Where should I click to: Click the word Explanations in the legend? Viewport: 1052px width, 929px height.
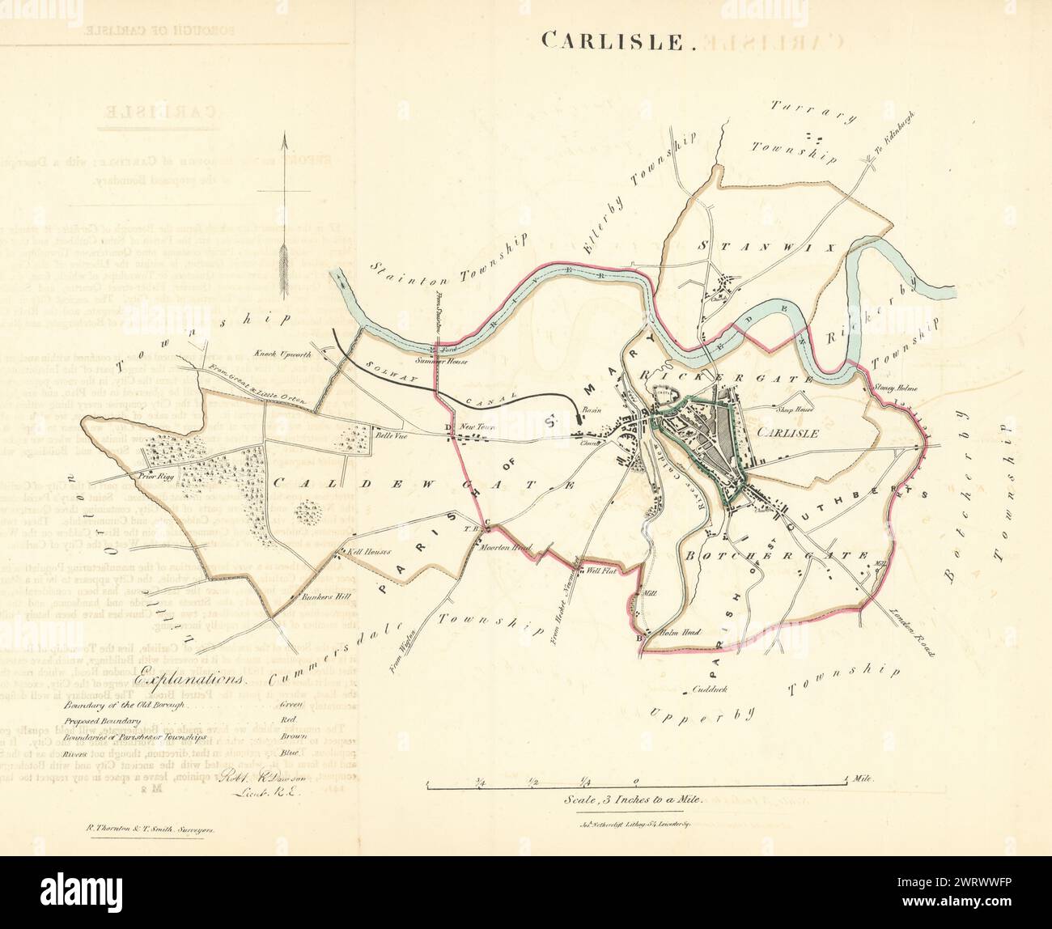pyautogui.click(x=190, y=681)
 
